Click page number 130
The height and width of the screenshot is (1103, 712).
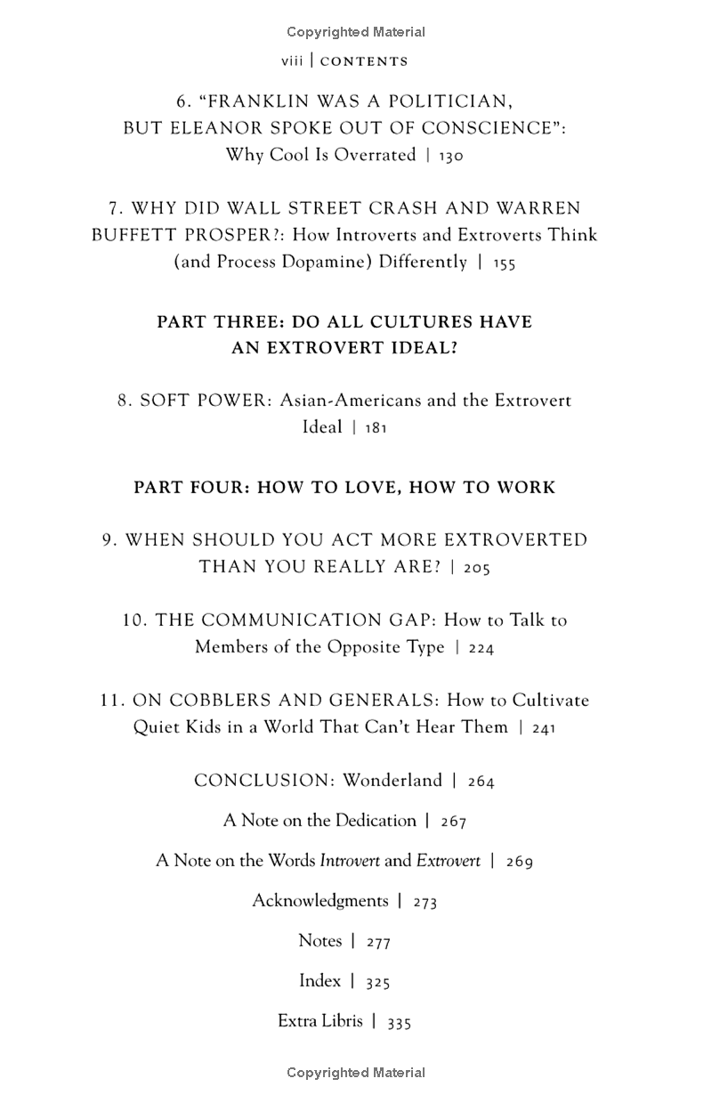[x=450, y=156]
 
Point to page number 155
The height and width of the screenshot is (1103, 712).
[x=504, y=264]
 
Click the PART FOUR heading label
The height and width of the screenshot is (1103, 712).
[x=190, y=488]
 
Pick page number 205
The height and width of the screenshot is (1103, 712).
[x=476, y=568]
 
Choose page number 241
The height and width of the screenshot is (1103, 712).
[x=543, y=728]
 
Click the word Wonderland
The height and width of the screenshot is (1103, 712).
[x=392, y=781]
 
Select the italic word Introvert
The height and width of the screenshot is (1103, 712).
[x=350, y=861]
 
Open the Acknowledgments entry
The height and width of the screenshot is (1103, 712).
[x=320, y=901]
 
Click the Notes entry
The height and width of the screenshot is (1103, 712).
[x=320, y=941]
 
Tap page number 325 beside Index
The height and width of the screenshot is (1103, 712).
[x=378, y=982]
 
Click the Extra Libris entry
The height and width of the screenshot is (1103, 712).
[x=320, y=1021]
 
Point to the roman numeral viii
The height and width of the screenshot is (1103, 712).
[x=292, y=61]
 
